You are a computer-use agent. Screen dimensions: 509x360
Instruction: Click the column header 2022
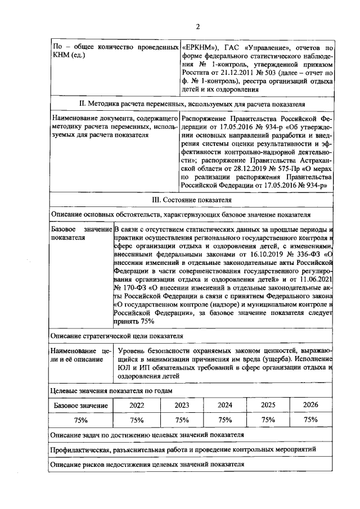tap(136, 405)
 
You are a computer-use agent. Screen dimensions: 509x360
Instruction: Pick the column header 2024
tap(224, 405)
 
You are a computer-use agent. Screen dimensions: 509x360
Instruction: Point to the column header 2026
tap(310, 405)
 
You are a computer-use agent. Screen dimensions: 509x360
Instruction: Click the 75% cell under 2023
tap(181, 420)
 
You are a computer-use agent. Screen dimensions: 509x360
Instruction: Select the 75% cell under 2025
tap(268, 420)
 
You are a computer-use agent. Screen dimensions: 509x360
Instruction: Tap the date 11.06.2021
tap(316, 279)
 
